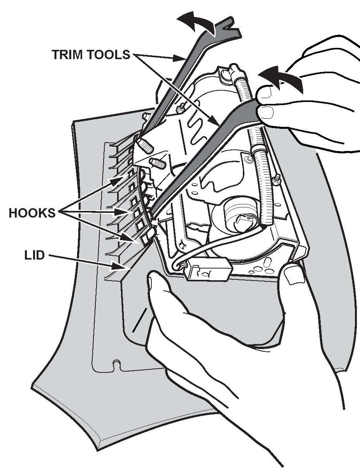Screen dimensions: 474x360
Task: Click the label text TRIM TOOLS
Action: (91, 54)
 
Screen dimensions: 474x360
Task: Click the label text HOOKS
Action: (32, 214)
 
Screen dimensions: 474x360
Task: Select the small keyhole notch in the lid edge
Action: (116, 365)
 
